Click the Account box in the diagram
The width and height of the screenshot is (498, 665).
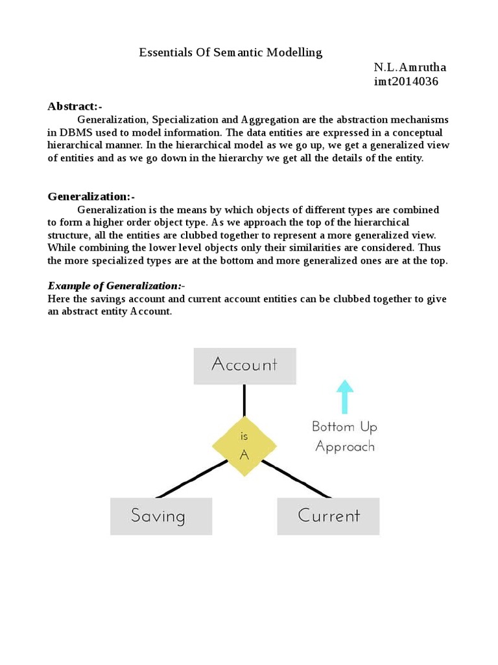click(244, 366)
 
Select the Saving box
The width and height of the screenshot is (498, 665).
click(161, 516)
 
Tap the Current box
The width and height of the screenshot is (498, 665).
click(328, 516)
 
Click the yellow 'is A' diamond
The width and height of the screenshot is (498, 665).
click(244, 446)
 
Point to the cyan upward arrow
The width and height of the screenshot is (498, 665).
click(345, 396)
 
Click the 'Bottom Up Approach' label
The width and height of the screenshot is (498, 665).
click(344, 436)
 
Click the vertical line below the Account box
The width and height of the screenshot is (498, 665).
click(244, 400)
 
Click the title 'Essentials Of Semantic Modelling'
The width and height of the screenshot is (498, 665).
click(230, 53)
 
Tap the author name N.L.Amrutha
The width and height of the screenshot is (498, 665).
click(410, 68)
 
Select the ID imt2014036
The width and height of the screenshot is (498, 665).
click(406, 81)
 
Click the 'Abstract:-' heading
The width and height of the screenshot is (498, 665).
click(75, 106)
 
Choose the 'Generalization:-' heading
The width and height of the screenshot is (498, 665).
click(91, 197)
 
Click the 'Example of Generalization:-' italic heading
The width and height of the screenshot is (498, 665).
click(117, 286)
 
